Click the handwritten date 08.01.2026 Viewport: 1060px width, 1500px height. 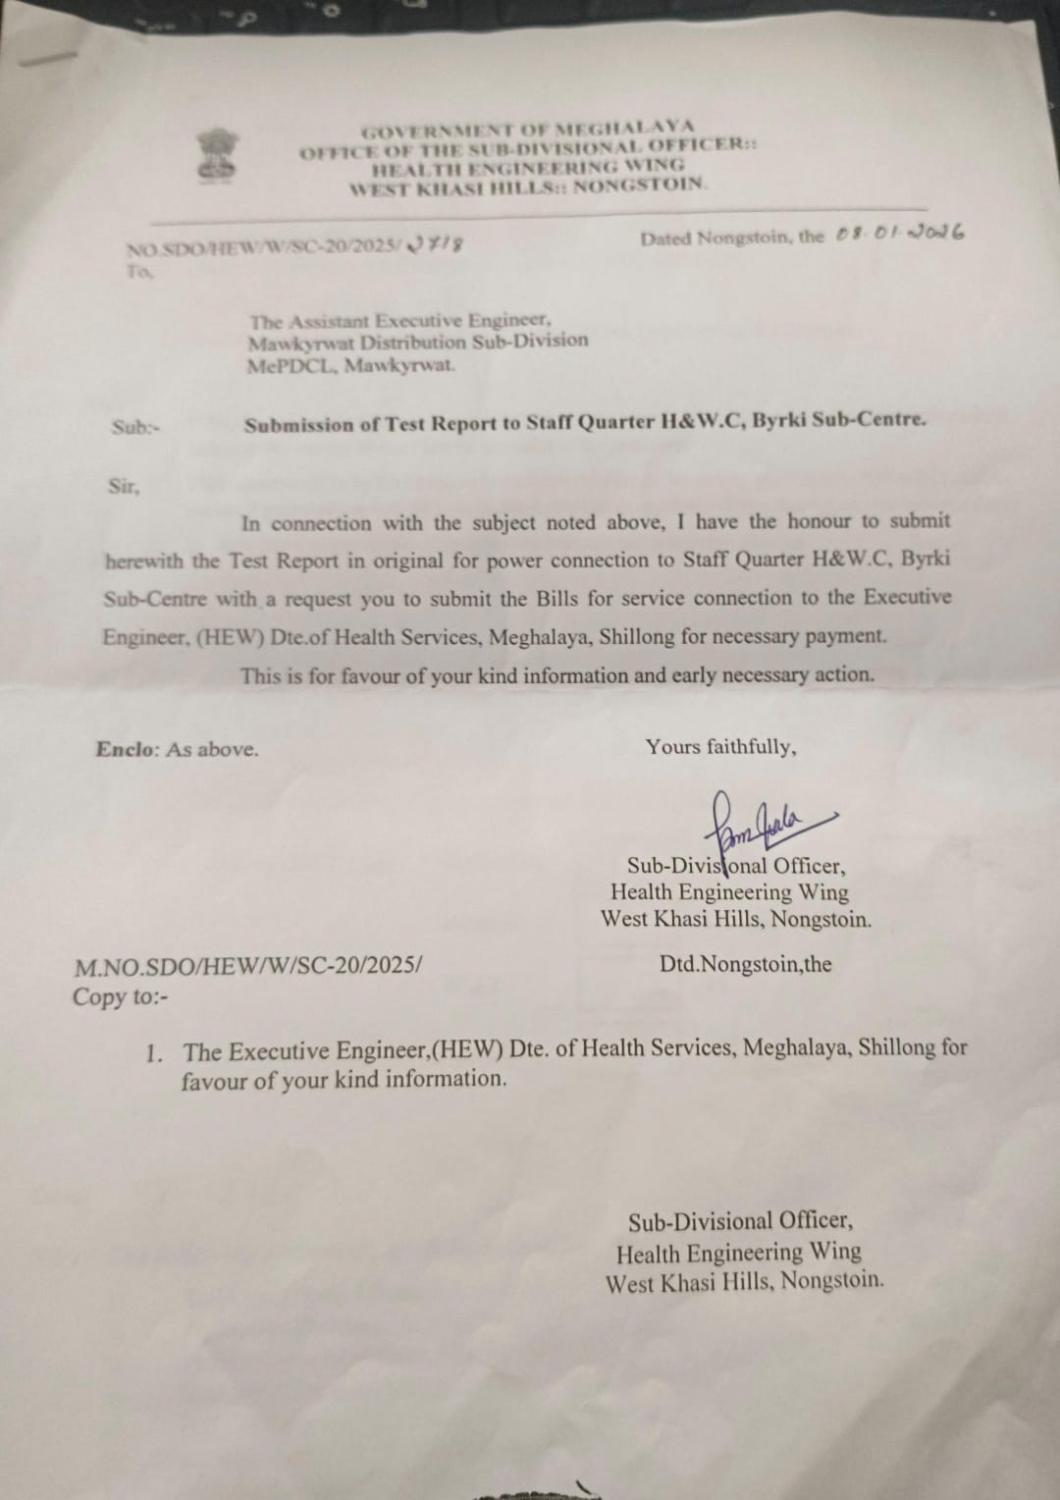pyautogui.click(x=899, y=234)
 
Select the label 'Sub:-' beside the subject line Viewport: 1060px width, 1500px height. pyautogui.click(x=135, y=427)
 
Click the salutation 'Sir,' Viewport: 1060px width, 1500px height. pyautogui.click(x=124, y=486)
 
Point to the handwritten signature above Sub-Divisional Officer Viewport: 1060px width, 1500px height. pyautogui.click(x=756, y=817)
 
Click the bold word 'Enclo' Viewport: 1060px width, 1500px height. pyautogui.click(x=125, y=749)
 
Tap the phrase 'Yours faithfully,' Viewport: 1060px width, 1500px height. pyautogui.click(x=720, y=747)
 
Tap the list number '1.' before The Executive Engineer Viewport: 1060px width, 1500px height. pyautogui.click(x=154, y=1053)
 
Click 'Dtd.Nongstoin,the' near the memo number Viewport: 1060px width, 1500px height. pyautogui.click(x=745, y=964)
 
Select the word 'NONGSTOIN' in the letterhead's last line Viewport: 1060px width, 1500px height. pyautogui.click(x=639, y=184)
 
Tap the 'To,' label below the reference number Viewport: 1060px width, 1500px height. pyautogui.click(x=139, y=272)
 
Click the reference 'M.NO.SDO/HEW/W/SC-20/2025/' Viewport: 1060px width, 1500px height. pyautogui.click(x=248, y=966)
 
